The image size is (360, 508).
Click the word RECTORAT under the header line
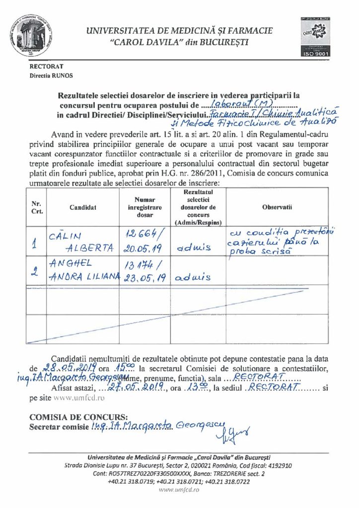pos(46,66)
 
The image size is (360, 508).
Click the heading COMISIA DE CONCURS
pos(78,417)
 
